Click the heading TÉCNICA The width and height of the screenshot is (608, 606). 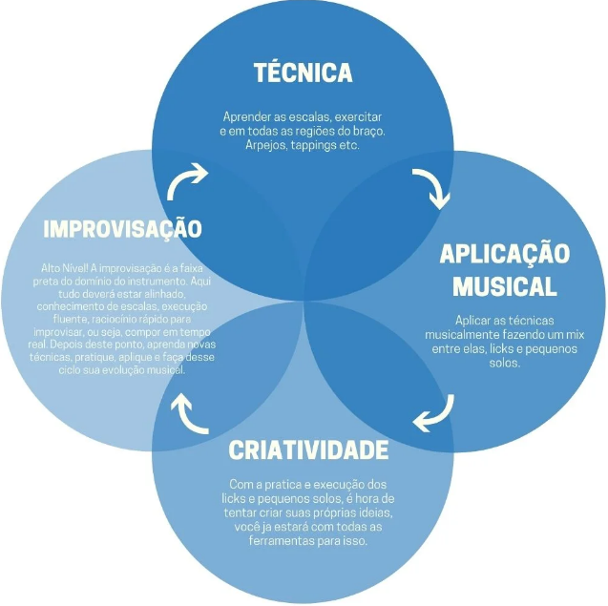(304, 73)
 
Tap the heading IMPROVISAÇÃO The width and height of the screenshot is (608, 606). (122, 229)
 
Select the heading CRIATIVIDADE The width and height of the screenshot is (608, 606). (308, 449)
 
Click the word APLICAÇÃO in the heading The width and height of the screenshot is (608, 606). (505, 255)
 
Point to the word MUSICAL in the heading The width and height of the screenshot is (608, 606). (505, 286)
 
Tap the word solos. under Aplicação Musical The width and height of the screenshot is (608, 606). (505, 363)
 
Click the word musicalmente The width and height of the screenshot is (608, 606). (462, 335)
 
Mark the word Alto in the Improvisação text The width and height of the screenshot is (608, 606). (51, 268)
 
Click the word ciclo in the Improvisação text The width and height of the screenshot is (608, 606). (70, 370)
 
